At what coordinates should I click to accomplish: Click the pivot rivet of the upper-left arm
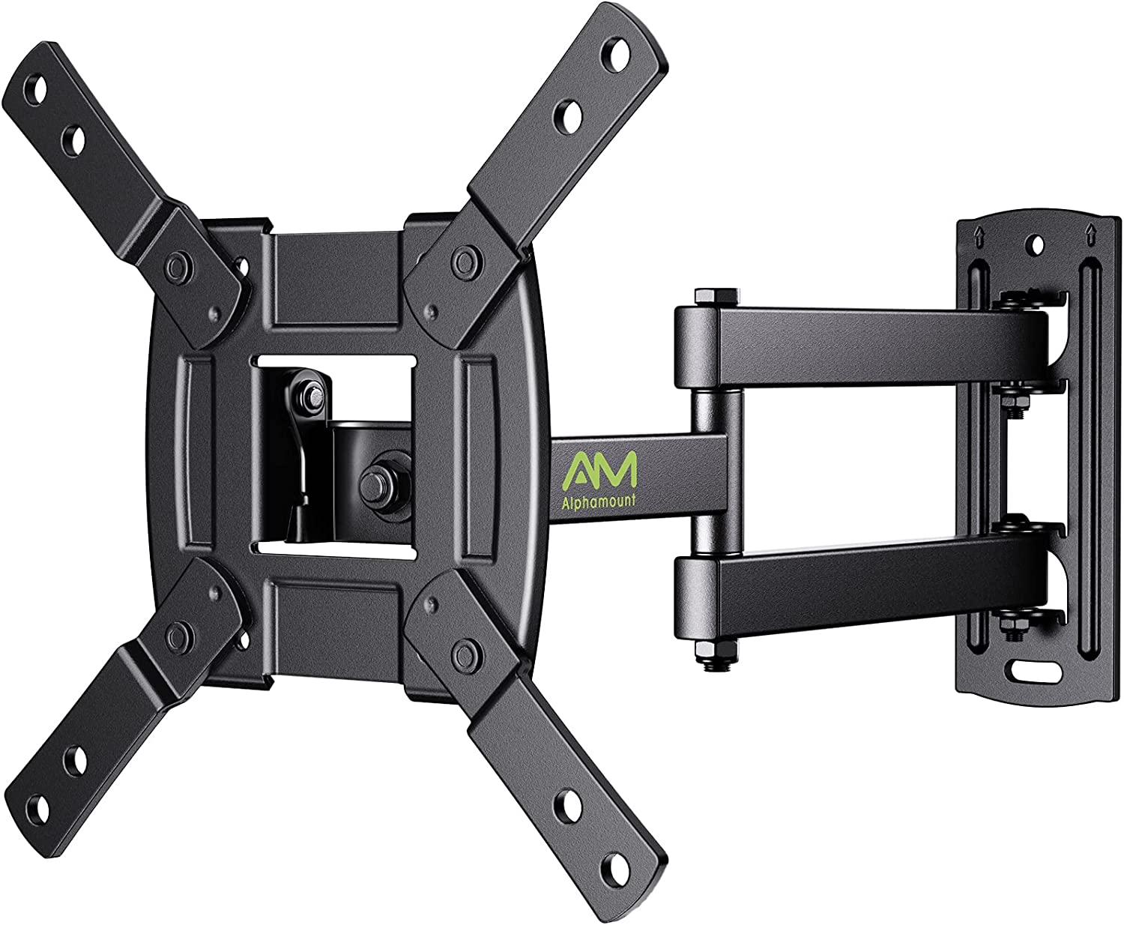(178, 264)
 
